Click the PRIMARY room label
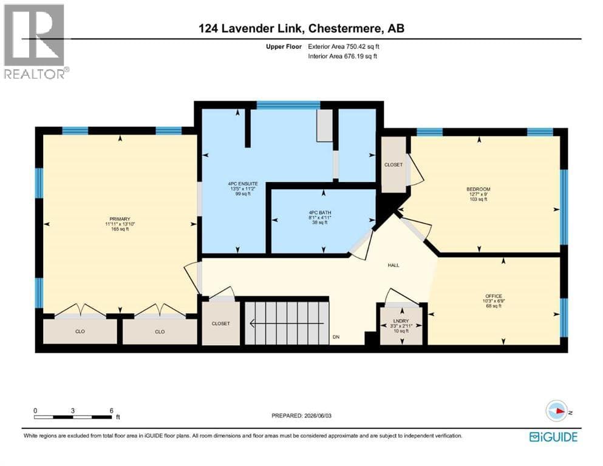(x=120, y=219)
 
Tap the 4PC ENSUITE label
(x=243, y=184)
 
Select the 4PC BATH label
(x=319, y=212)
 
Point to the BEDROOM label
(x=479, y=189)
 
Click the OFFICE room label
(x=494, y=296)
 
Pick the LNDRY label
(x=401, y=321)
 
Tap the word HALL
(x=393, y=265)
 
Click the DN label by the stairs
(x=336, y=337)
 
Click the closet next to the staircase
(x=221, y=323)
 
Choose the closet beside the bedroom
(x=393, y=164)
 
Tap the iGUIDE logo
(x=553, y=437)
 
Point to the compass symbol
(x=557, y=411)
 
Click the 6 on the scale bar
(x=112, y=410)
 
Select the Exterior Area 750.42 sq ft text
(x=344, y=47)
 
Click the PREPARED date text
(x=301, y=416)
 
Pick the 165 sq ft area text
(x=120, y=229)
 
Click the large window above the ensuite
(x=288, y=105)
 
